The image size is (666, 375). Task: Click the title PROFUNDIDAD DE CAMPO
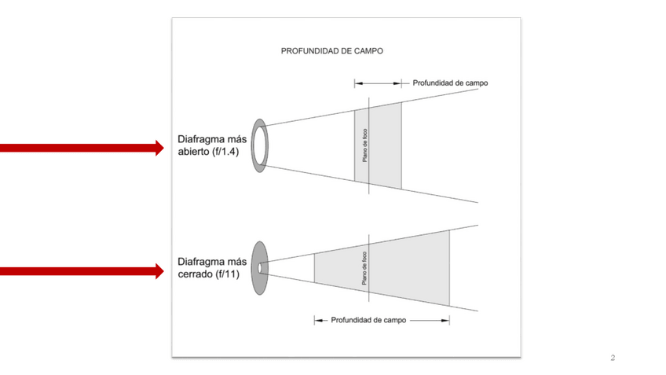point(331,50)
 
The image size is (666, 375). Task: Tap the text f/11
point(227,274)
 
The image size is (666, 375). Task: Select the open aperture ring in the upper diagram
point(259,145)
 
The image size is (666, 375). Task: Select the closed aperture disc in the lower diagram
point(261,268)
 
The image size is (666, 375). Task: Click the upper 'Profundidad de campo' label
point(450,83)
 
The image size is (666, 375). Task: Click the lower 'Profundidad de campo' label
point(368,320)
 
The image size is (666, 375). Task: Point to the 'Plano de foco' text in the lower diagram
point(364,268)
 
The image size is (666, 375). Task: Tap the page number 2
point(613,358)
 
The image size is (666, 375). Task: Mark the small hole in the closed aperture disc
point(260,268)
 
